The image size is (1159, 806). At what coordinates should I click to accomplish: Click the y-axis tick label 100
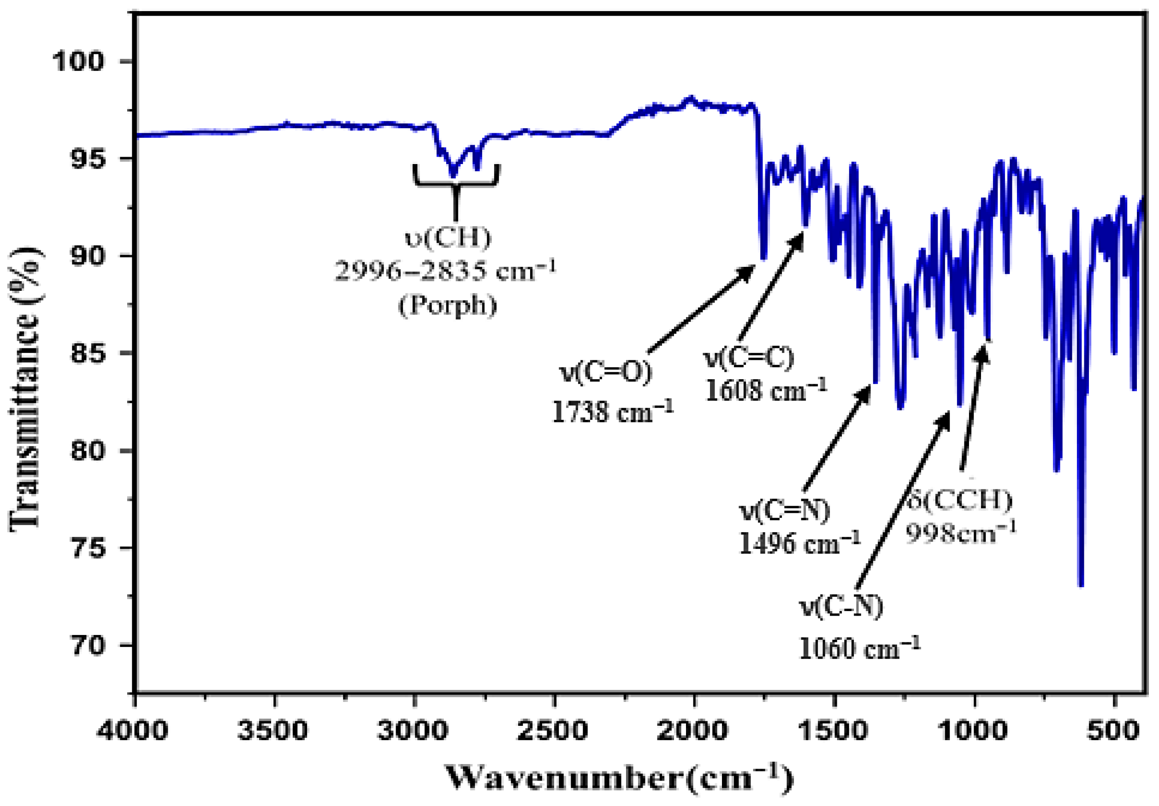click(x=78, y=62)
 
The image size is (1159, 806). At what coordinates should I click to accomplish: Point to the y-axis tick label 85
click(x=89, y=353)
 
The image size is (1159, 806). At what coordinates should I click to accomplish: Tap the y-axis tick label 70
click(x=89, y=646)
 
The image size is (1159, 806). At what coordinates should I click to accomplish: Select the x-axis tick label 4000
click(x=132, y=730)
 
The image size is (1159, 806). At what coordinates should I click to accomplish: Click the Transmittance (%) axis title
click(x=25, y=388)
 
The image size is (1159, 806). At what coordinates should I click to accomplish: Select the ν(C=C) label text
click(x=749, y=357)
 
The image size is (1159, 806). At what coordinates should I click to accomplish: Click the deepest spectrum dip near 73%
click(x=1081, y=584)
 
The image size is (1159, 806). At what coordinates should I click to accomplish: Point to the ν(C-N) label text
click(x=841, y=606)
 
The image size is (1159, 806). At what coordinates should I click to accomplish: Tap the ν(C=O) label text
click(x=606, y=372)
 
